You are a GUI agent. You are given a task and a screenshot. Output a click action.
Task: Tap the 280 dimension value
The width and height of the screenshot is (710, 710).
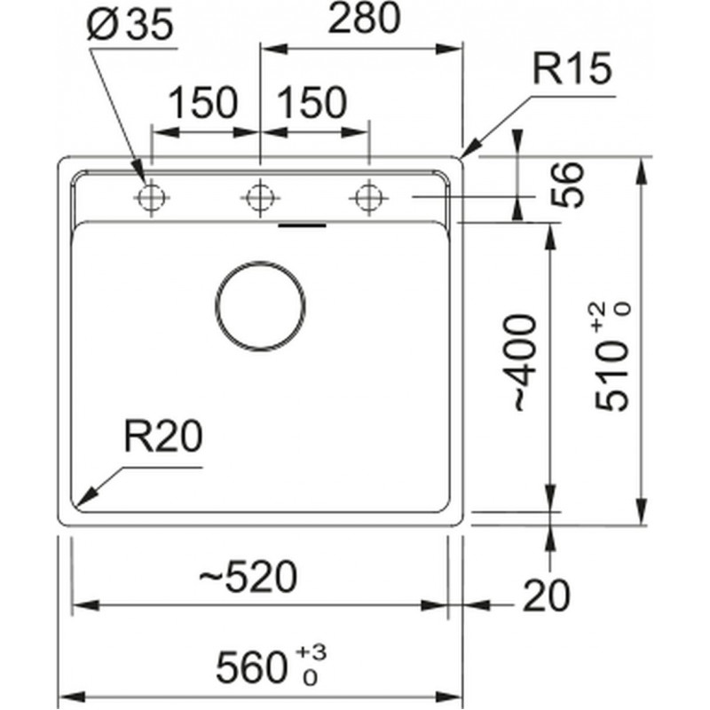[364, 18]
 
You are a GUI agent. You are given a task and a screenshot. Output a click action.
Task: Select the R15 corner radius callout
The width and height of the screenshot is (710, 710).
[572, 68]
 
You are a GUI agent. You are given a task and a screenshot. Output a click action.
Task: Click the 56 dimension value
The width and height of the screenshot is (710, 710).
[568, 185]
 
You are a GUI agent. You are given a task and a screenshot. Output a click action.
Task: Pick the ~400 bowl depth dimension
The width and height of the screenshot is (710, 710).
[525, 363]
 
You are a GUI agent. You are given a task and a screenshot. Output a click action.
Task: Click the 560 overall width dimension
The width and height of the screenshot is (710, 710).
[251, 667]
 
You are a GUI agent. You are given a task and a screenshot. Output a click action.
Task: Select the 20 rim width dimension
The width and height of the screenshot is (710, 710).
[547, 596]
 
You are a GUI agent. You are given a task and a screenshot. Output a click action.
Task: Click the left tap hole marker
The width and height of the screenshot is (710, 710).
[151, 198]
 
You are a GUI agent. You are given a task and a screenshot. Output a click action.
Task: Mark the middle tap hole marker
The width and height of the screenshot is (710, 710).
[260, 198]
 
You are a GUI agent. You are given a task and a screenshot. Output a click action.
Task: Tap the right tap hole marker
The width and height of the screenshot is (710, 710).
[369, 198]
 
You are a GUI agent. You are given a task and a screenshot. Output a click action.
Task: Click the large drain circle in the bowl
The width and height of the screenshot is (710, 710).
[216, 306]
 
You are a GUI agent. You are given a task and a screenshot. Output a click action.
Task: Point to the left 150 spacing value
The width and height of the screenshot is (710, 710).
[203, 102]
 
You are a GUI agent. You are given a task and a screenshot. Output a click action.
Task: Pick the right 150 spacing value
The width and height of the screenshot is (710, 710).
[312, 102]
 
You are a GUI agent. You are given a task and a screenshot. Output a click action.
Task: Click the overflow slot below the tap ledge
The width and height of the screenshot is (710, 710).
[302, 225]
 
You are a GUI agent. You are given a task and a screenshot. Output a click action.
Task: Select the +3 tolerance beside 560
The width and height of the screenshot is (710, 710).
[311, 653]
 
